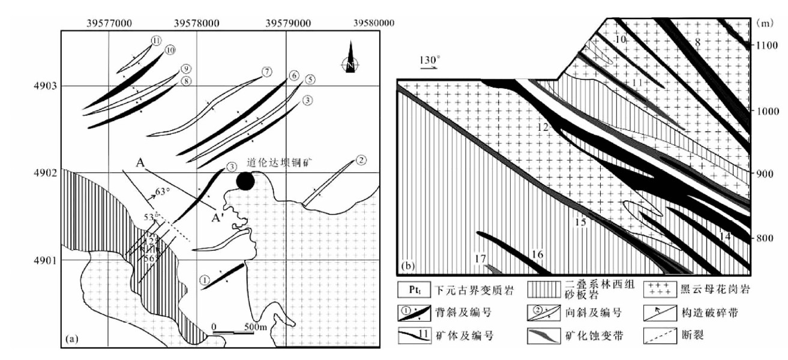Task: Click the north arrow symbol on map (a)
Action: [350, 57]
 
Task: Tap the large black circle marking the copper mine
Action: [244, 180]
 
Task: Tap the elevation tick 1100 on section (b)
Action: [766, 44]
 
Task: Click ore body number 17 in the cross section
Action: [479, 259]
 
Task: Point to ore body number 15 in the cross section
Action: [580, 222]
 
